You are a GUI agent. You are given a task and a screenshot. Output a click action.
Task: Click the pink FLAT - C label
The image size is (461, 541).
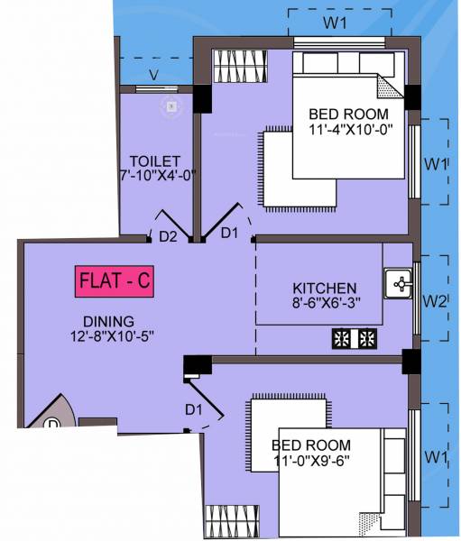coord(114,282)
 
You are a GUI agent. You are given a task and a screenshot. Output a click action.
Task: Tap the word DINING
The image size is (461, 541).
coord(108,321)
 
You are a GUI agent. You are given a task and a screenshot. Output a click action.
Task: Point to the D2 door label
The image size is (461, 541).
coord(167,238)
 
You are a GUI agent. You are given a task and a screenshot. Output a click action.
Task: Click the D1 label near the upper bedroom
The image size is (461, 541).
coord(230,234)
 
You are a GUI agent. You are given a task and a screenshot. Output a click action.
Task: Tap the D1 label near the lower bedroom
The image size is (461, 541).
coord(193,411)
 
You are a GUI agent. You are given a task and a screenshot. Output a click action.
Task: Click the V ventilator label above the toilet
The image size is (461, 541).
coord(154,75)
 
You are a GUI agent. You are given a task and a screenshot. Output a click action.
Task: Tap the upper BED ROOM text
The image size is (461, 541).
coord(349,115)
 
